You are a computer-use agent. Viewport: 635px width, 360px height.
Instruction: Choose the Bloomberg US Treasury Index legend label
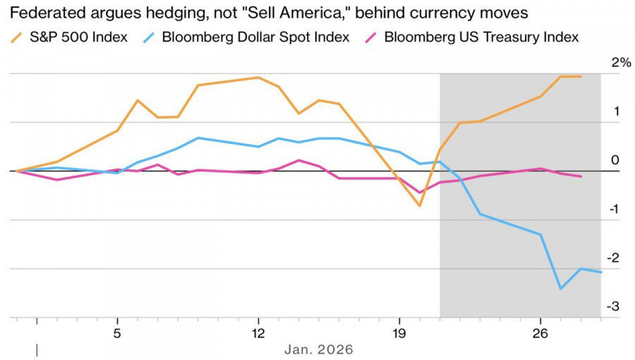(481, 37)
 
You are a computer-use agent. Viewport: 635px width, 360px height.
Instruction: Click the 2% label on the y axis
(621, 63)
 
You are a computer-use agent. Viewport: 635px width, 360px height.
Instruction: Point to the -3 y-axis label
(615, 307)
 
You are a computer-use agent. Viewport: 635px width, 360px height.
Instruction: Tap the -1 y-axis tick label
(615, 210)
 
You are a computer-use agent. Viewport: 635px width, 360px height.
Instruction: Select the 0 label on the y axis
(615, 160)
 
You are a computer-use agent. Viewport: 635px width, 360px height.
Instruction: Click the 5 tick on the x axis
(117, 332)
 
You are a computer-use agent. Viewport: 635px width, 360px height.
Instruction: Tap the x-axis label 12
(258, 332)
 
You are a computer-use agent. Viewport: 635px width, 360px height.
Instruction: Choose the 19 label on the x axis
(399, 332)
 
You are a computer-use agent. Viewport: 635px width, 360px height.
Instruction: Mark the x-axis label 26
(540, 332)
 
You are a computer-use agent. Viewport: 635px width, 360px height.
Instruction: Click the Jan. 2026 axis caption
(318, 349)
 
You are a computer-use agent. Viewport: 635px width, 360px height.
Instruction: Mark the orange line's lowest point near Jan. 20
(420, 206)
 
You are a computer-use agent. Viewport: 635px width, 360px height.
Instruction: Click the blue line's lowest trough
(561, 288)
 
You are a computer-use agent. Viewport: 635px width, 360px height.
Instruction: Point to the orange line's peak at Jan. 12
(258, 77)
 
